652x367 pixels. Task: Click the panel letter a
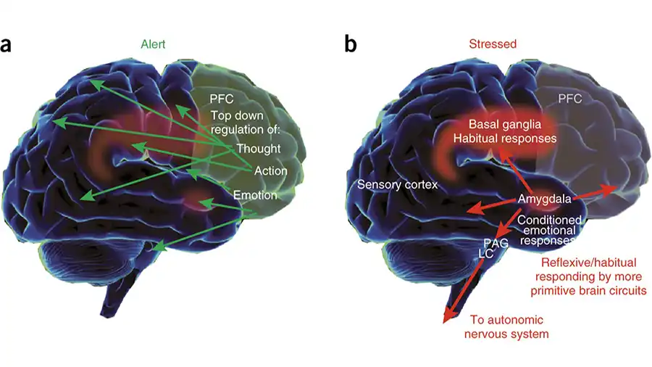pyautogui.click(x=8, y=45)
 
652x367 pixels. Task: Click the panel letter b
pyautogui.click(x=351, y=45)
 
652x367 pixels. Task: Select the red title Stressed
pyautogui.click(x=493, y=44)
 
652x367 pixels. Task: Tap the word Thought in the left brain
pyautogui.click(x=256, y=149)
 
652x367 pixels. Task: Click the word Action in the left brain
pyautogui.click(x=270, y=171)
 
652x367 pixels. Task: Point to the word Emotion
pyautogui.click(x=255, y=194)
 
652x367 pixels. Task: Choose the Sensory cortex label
pyautogui.click(x=398, y=185)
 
